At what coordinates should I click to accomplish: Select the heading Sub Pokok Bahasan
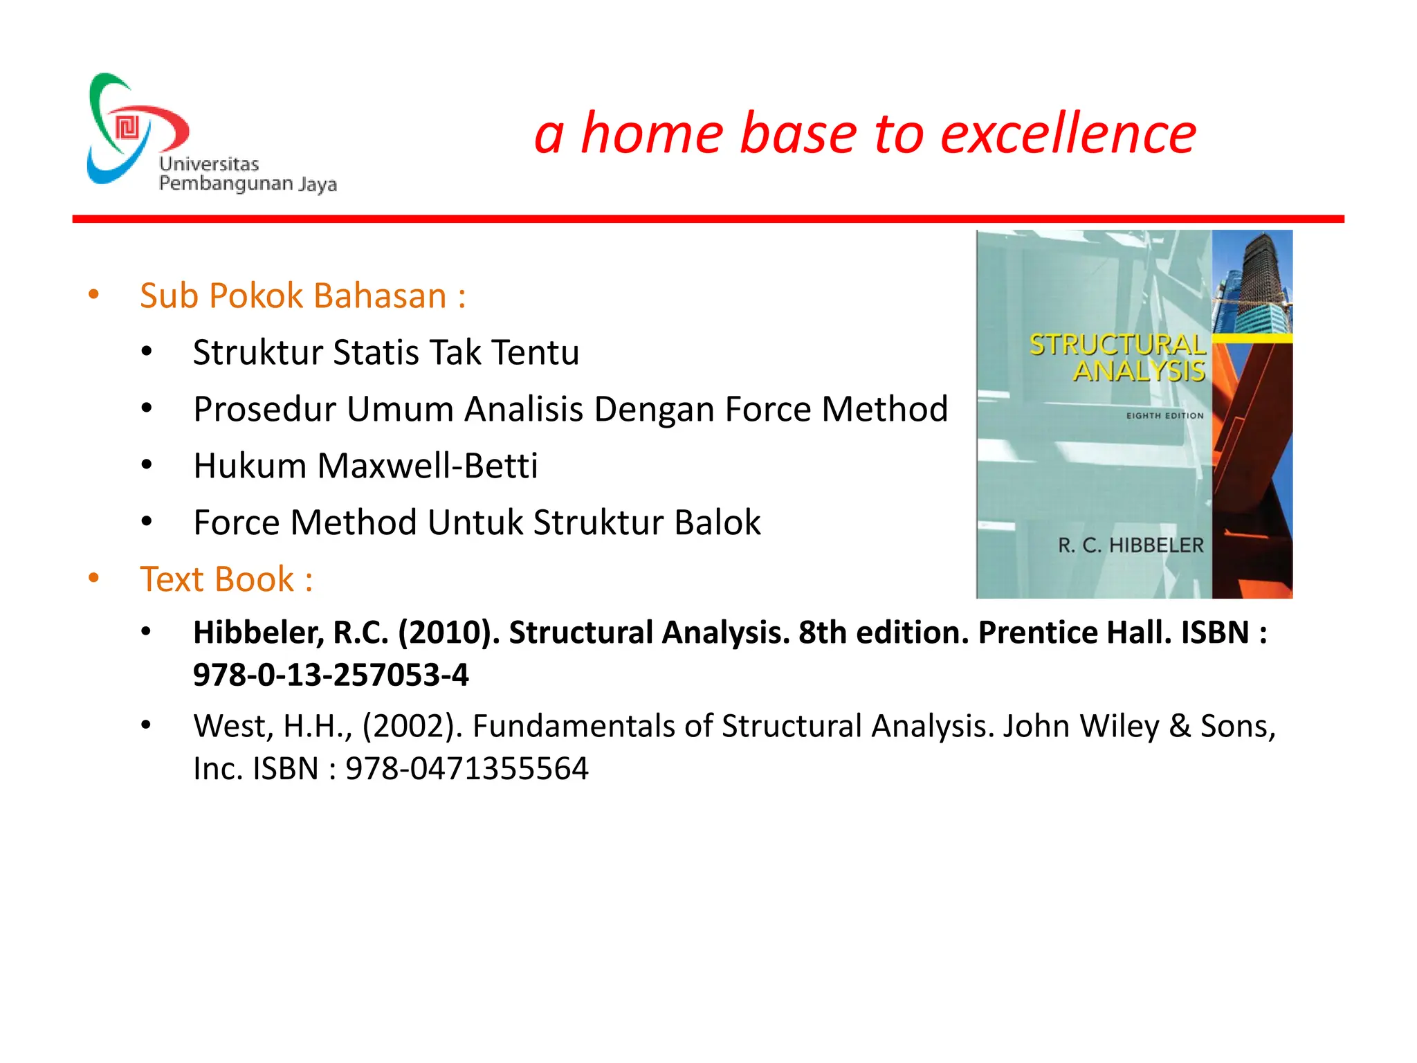[302, 296]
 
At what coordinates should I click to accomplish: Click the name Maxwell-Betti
[427, 466]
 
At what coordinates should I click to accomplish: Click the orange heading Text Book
[226, 579]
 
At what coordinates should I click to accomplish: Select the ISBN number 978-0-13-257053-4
[331, 675]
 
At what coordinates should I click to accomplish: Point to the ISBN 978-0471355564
[467, 768]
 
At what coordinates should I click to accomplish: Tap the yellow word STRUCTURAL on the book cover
[1117, 345]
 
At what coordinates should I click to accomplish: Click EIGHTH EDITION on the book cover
[1164, 416]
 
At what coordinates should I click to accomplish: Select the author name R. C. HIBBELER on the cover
[1131, 545]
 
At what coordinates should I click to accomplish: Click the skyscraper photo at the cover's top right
[1252, 280]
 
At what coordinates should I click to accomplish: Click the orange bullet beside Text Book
[93, 578]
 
